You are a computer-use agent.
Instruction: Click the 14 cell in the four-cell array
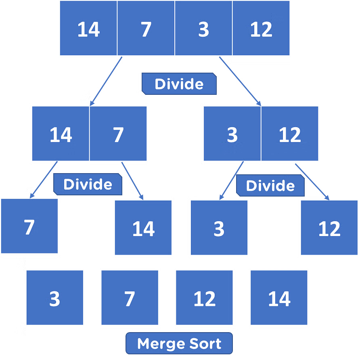(x=88, y=28)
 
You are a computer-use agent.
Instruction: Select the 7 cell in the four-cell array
(x=146, y=28)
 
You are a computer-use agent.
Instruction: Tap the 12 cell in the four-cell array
(x=261, y=28)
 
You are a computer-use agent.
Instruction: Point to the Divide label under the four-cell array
(x=179, y=84)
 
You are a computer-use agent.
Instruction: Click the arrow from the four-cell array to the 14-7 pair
(x=105, y=82)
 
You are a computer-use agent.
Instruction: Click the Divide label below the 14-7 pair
(x=88, y=184)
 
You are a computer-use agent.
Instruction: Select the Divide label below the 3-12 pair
(x=270, y=186)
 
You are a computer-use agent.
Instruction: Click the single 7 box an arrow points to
(x=29, y=226)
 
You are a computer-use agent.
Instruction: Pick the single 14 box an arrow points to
(x=143, y=228)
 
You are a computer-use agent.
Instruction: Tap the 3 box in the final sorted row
(x=54, y=298)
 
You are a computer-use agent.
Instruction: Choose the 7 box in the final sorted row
(x=130, y=298)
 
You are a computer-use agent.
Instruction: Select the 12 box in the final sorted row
(x=204, y=298)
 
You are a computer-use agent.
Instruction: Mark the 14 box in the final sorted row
(x=279, y=298)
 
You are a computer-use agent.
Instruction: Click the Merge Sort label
(x=179, y=344)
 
